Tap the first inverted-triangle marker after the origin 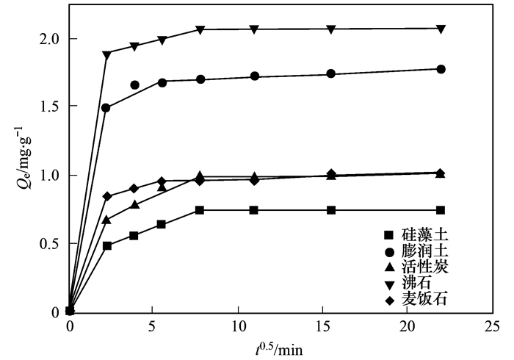107,54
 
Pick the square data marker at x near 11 254,210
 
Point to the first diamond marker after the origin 107,196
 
